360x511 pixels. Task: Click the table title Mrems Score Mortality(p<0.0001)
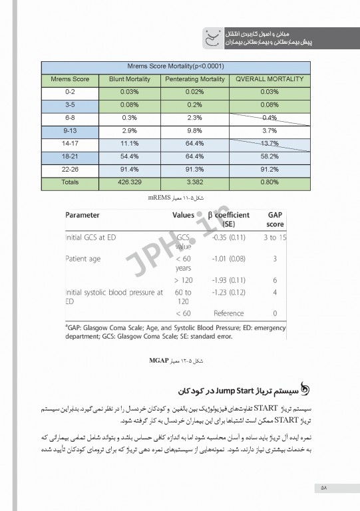[175, 67]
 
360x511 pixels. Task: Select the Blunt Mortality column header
[129, 79]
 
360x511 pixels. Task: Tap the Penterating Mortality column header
[194, 79]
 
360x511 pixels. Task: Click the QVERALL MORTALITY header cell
[270, 79]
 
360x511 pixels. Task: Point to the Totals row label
[70, 182]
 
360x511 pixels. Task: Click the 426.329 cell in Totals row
[129, 182]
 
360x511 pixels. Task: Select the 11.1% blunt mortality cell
[129, 143]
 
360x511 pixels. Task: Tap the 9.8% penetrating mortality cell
[194, 130]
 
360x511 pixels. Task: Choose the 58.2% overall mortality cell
[270, 156]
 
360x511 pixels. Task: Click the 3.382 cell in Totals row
[194, 182]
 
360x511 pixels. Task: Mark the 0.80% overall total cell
[270, 182]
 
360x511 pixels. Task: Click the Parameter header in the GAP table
[83, 216]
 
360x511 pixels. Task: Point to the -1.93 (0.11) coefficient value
[228, 280]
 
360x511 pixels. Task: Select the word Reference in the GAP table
[228, 313]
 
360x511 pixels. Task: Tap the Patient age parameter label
[84, 258]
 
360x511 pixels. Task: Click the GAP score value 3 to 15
[274, 237]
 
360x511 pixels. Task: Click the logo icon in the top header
[212, 37]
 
